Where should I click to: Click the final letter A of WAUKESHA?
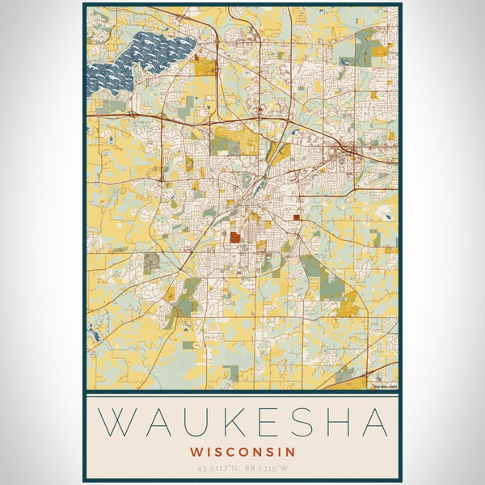point(373,424)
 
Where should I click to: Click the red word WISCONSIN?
point(242,451)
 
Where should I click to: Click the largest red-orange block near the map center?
point(234,238)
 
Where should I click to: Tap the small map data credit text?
point(386,386)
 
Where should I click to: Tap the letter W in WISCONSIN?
point(196,451)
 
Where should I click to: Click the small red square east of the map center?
point(297,217)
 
